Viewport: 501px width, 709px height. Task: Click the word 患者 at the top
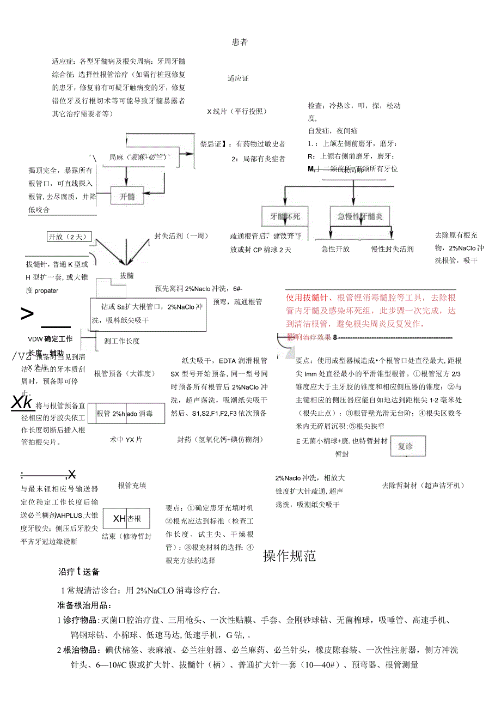[240, 43]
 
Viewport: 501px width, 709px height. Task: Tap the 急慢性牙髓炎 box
[360, 216]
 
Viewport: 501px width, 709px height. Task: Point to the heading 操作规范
[289, 556]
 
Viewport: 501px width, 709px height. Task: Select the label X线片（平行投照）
[237, 112]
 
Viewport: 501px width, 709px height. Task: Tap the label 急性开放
[335, 249]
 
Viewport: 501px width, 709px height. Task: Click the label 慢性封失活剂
[392, 249]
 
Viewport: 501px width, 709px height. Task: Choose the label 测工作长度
[121, 341]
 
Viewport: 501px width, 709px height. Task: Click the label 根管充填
[132, 485]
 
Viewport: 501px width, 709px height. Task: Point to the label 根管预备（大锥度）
[125, 373]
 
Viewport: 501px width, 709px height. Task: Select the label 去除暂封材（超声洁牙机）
[423, 485]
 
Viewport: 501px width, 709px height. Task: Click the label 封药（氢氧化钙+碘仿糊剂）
[220, 439]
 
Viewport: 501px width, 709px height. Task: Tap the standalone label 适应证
[238, 78]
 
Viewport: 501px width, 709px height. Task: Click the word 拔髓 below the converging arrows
[126, 276]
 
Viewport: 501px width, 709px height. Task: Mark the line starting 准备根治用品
[84, 605]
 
